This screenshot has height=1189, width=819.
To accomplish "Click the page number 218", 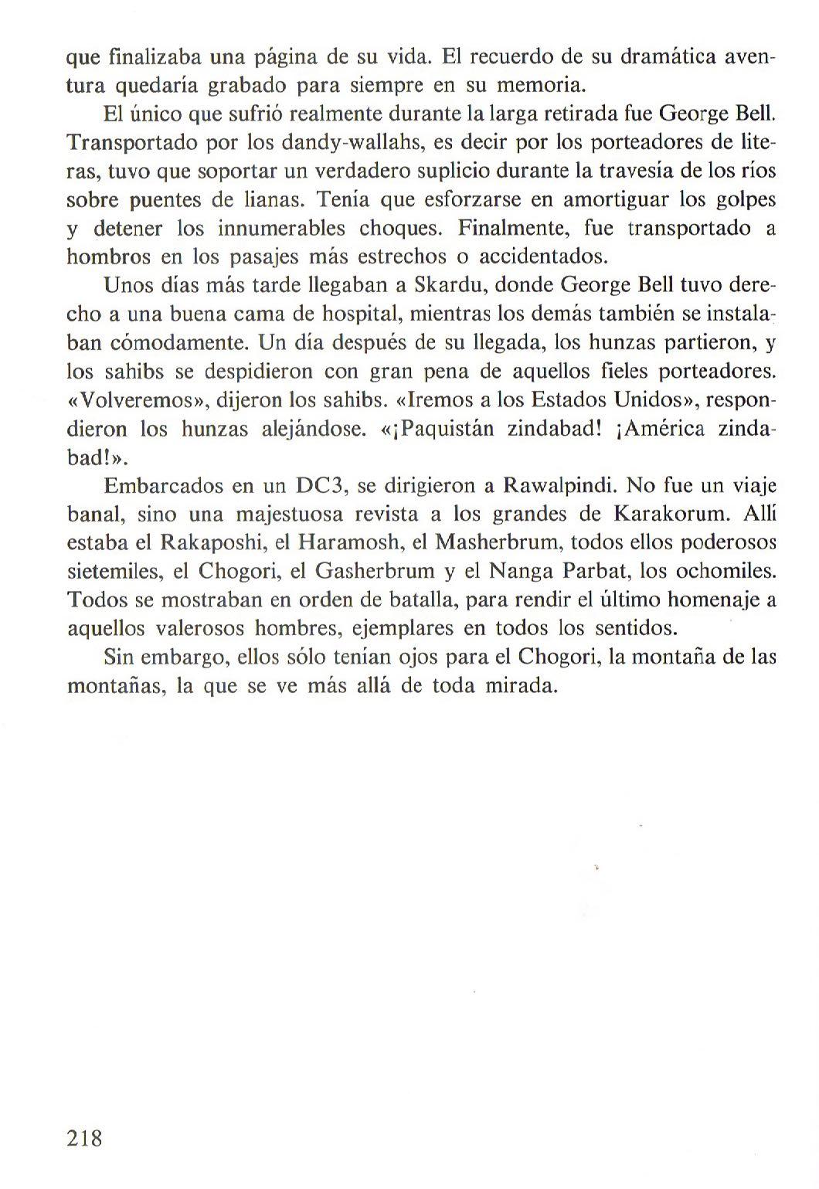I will (x=85, y=1138).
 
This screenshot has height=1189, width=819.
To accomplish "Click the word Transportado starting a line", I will (x=134, y=143).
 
